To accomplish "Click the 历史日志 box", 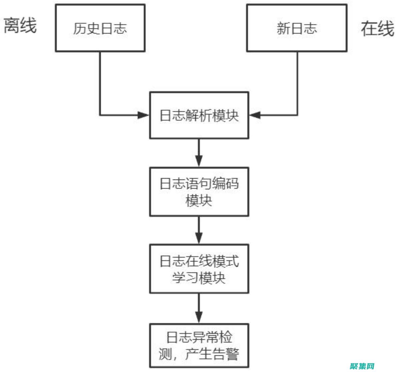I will (100, 28).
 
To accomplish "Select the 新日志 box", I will (297, 28).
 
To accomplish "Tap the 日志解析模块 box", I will (199, 115).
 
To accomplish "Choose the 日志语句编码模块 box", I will (199, 192).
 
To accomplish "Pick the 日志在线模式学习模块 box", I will (199, 269).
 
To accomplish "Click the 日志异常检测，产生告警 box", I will (199, 346).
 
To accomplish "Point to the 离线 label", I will (20, 26).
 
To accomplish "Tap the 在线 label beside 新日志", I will (377, 29).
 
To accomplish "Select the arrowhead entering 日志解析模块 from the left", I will (143, 115).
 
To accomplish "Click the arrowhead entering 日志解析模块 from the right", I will (255, 115).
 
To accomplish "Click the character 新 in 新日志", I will (283, 28).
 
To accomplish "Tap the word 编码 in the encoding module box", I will (225, 184).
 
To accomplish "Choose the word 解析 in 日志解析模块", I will (199, 115).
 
